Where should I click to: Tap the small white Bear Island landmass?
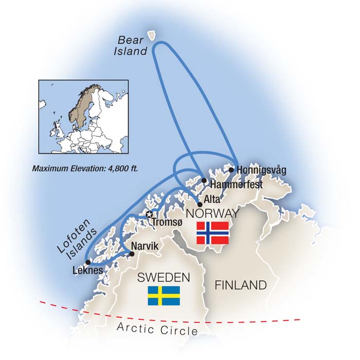tap(152, 35)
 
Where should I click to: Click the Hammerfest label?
tap(237, 184)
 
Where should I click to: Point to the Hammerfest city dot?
tap(205, 181)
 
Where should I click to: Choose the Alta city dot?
tap(200, 204)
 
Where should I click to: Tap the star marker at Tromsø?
tap(149, 214)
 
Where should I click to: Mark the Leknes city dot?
tap(87, 262)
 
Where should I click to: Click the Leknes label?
tap(88, 271)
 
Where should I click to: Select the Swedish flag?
tap(164, 296)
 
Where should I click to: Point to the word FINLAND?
tap(240, 284)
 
